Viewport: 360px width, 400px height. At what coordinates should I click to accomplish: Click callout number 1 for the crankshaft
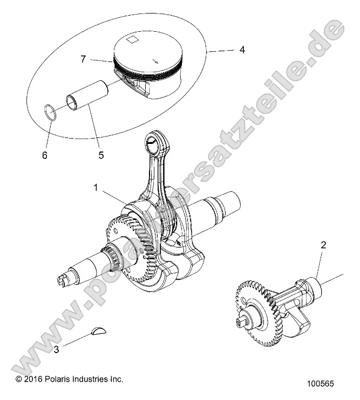[95, 188]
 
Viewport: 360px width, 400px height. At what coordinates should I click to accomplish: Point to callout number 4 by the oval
[242, 50]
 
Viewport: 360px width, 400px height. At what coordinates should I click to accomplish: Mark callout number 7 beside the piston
[83, 59]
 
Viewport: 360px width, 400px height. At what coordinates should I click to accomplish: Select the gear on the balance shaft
[255, 311]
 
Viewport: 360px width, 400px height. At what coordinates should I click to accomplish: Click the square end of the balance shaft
[240, 323]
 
